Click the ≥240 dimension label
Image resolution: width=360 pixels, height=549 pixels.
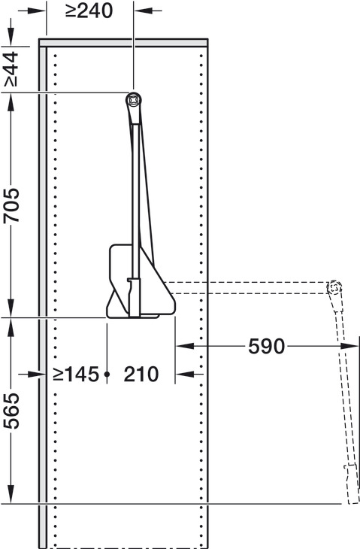tap(89, 11)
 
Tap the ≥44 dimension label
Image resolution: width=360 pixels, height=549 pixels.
tap(11, 69)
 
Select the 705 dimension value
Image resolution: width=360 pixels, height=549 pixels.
tap(11, 205)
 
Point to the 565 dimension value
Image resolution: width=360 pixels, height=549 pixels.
tap(11, 411)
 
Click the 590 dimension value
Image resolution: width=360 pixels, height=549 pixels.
tap(267, 346)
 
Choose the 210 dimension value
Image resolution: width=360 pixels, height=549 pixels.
tap(141, 375)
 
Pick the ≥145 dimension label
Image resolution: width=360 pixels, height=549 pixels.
tap(76, 375)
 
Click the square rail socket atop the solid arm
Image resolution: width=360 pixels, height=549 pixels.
tap(134, 101)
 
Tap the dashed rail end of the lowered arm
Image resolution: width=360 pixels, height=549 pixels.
tap(334, 287)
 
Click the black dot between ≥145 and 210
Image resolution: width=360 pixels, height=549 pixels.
tap(107, 375)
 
